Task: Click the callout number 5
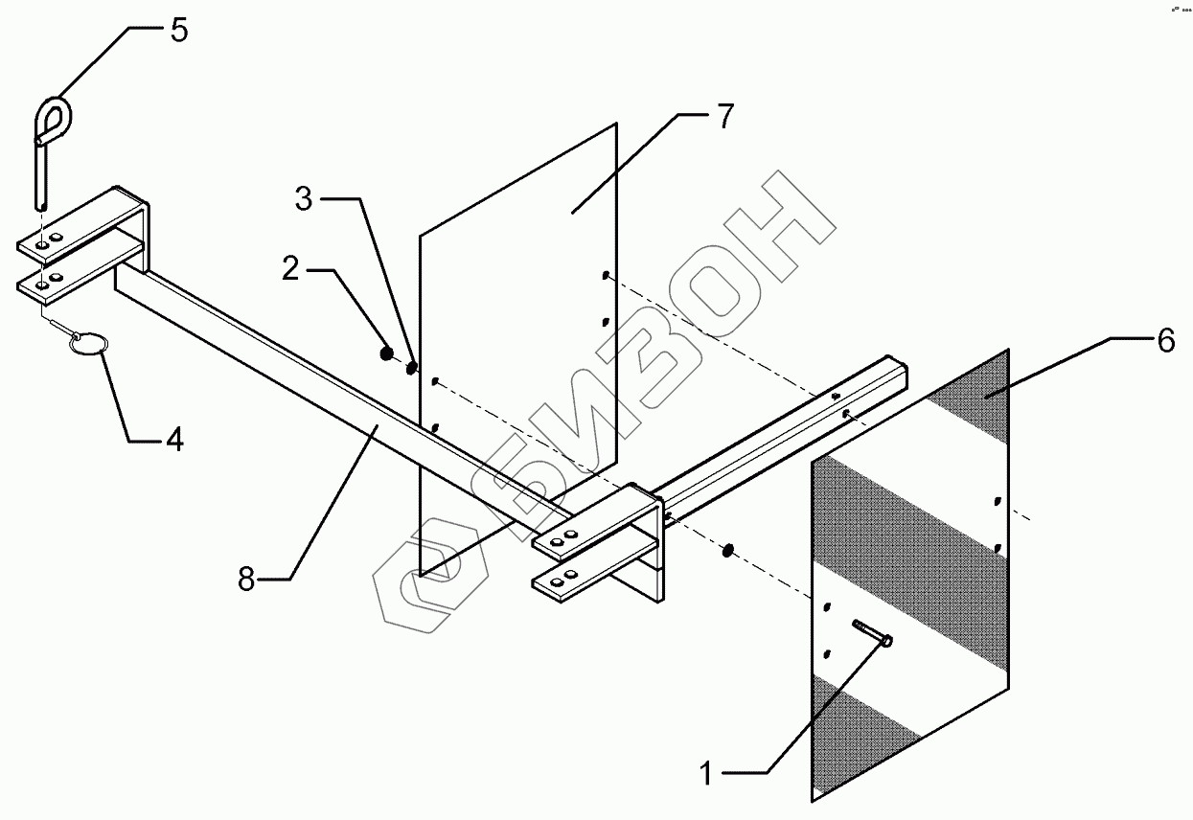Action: tap(179, 30)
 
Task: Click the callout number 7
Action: tap(723, 117)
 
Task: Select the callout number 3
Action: tap(304, 199)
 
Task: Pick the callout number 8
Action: tap(247, 579)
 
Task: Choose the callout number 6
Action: tap(1165, 340)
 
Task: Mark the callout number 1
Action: tap(706, 773)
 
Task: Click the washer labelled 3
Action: tap(412, 367)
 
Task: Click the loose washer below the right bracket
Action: tap(728, 550)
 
